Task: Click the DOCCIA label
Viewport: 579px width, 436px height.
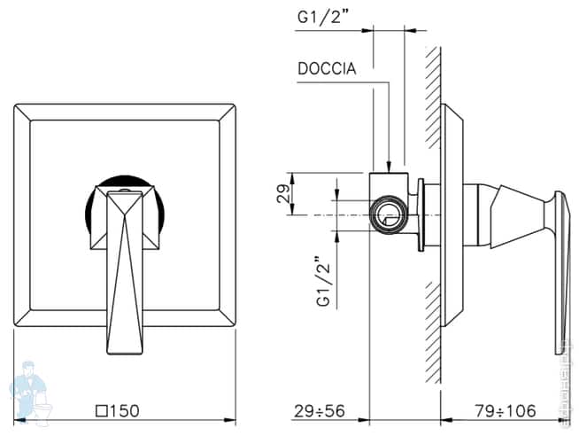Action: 328,69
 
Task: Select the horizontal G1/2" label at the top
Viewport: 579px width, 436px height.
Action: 323,17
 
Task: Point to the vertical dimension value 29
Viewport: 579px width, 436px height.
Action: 282,194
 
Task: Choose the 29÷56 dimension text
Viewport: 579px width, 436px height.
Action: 318,410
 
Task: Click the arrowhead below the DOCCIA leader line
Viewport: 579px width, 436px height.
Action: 389,163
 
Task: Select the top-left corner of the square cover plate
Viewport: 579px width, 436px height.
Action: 16,107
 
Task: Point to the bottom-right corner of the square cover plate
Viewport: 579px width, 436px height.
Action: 234,325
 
